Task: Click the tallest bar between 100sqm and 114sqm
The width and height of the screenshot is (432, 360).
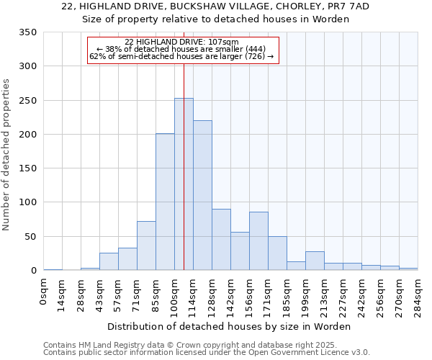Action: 184,184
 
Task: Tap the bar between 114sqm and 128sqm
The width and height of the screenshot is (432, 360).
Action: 202,195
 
